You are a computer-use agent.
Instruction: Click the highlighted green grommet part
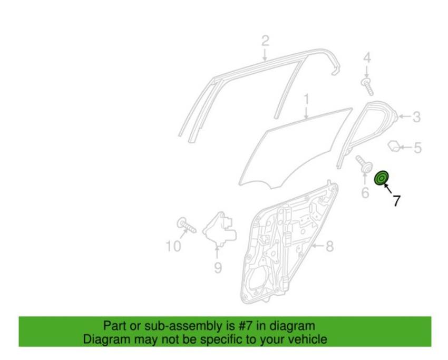tap(382, 178)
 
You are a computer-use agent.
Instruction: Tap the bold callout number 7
tap(396, 201)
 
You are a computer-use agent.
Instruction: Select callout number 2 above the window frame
tap(265, 41)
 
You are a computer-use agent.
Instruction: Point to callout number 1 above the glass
tap(306, 100)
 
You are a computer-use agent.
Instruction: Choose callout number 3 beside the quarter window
tap(416, 117)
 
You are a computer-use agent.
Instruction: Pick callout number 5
tap(417, 148)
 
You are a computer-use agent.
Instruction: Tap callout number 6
tap(365, 192)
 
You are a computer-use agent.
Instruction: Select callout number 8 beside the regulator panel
tap(330, 246)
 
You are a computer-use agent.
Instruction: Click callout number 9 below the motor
tap(218, 268)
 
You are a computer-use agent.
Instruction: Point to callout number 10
tap(173, 246)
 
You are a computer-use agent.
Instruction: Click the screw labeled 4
tap(367, 86)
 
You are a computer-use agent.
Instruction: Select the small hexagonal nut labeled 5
tap(394, 145)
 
